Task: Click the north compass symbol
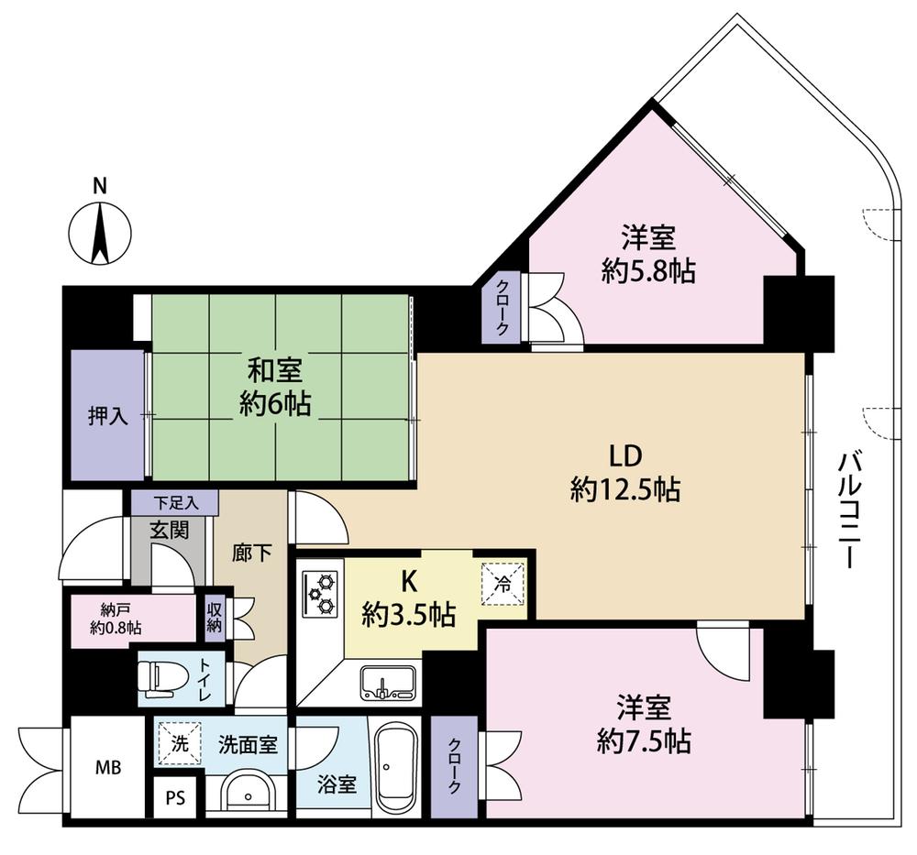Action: click(x=100, y=233)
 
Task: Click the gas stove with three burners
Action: click(x=320, y=593)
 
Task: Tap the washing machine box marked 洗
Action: click(x=180, y=744)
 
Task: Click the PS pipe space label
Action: click(x=175, y=797)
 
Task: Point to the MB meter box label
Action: click(x=109, y=767)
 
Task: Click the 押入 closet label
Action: click(x=107, y=417)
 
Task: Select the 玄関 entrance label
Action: click(x=169, y=530)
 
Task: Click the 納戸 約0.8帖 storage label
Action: click(x=116, y=620)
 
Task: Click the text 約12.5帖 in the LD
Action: click(x=625, y=489)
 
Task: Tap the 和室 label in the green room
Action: click(x=275, y=371)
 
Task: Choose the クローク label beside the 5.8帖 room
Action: click(x=503, y=307)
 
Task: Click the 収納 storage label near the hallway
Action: click(x=215, y=618)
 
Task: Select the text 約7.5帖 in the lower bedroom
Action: click(x=644, y=741)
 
